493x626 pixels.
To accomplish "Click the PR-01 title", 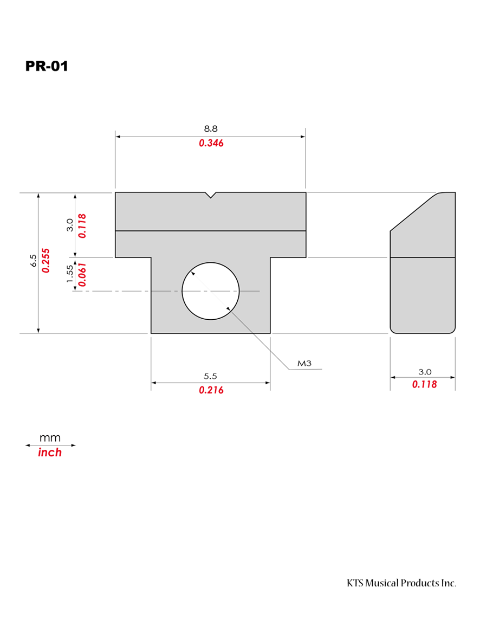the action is pyautogui.click(x=47, y=66).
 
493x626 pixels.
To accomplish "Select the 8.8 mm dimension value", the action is pyautogui.click(x=211, y=128).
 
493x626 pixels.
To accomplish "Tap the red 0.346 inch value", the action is pyautogui.click(x=211, y=143).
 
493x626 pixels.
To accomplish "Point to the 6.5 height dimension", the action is pyautogui.click(x=34, y=261).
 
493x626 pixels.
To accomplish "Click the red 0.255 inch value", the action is pyautogui.click(x=46, y=261).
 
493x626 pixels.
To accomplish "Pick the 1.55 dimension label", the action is pyautogui.click(x=70, y=274).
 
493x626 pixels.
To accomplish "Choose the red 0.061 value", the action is pyautogui.click(x=82, y=274).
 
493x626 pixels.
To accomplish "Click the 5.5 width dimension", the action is pyautogui.click(x=210, y=376).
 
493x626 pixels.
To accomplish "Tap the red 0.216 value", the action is pyautogui.click(x=211, y=390).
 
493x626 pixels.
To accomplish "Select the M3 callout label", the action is pyautogui.click(x=304, y=363).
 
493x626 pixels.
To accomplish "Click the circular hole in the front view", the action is pyautogui.click(x=211, y=291).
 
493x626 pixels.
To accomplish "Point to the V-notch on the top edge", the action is pyautogui.click(x=211, y=195).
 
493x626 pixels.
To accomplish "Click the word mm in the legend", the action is pyautogui.click(x=50, y=438).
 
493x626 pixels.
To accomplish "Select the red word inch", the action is pyautogui.click(x=50, y=453).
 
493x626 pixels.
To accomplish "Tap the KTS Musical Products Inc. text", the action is pyautogui.click(x=401, y=583).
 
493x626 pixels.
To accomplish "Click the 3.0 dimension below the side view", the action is pyautogui.click(x=425, y=372).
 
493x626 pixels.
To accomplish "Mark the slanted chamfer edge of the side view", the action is pyautogui.click(x=413, y=212).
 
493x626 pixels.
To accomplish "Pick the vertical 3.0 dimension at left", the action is pyautogui.click(x=70, y=225).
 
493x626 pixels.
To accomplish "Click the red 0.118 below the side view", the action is pyautogui.click(x=424, y=384).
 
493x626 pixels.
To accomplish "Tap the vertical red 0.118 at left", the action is pyautogui.click(x=82, y=226).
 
